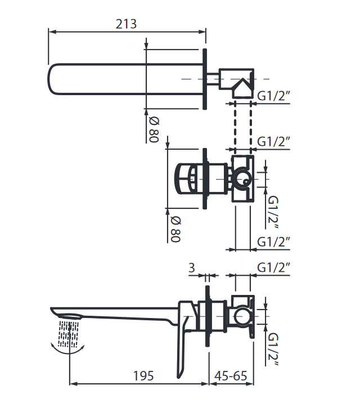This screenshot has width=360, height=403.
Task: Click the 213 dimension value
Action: pyautogui.click(x=126, y=24)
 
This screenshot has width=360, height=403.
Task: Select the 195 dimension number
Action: pyautogui.click(x=143, y=376)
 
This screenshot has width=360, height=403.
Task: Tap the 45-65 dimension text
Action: pyautogui.click(x=231, y=376)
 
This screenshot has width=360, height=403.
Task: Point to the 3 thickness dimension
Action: pyautogui.click(x=192, y=268)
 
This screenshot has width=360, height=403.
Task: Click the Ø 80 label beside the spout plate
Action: pyautogui.click(x=154, y=129)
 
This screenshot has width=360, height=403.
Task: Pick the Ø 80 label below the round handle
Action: pyautogui.click(x=175, y=229)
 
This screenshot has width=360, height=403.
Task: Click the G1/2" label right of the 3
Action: pyautogui.click(x=273, y=267)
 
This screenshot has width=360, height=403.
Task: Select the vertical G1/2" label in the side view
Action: pyautogui.click(x=273, y=349)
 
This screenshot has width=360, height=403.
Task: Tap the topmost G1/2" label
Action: pyautogui.click(x=273, y=96)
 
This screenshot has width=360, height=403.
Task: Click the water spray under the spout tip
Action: pyautogui.click(x=68, y=334)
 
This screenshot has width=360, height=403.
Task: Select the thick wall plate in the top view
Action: pyautogui.click(x=205, y=79)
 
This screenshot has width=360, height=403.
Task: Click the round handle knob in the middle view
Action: pyautogui.click(x=183, y=178)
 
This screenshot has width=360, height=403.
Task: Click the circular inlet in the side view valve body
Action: pyautogui.click(x=242, y=316)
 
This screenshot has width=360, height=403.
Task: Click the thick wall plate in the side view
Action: pyautogui.click(x=208, y=316)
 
